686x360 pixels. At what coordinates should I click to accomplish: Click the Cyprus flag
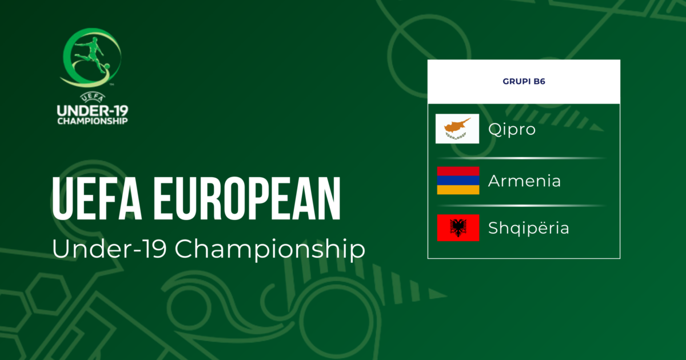[457, 129]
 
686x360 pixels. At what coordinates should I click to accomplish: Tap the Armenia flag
[458, 181]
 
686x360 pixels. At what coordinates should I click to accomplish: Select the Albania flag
[458, 228]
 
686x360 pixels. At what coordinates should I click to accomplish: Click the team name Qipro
[512, 130]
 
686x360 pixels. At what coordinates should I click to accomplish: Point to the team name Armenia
[524, 181]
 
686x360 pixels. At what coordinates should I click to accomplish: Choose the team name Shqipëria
[529, 229]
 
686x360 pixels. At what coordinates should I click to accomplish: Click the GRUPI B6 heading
[524, 81]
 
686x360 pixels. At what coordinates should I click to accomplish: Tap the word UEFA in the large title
[97, 198]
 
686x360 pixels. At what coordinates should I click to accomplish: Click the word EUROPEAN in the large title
[247, 198]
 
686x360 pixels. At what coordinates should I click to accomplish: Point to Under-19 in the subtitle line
[109, 248]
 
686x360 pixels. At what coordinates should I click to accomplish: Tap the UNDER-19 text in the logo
[93, 111]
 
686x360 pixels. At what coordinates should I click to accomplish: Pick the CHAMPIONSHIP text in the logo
[93, 121]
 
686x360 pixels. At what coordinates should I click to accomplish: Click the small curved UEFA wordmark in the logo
[93, 98]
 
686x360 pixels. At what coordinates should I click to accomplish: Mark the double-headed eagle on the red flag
[458, 228]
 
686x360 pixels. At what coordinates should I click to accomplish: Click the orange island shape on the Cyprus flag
[456, 125]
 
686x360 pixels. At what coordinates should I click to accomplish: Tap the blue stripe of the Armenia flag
[458, 181]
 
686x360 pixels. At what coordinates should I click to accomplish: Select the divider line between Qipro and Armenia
[521, 158]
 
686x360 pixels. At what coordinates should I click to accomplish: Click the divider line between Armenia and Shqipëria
[521, 206]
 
